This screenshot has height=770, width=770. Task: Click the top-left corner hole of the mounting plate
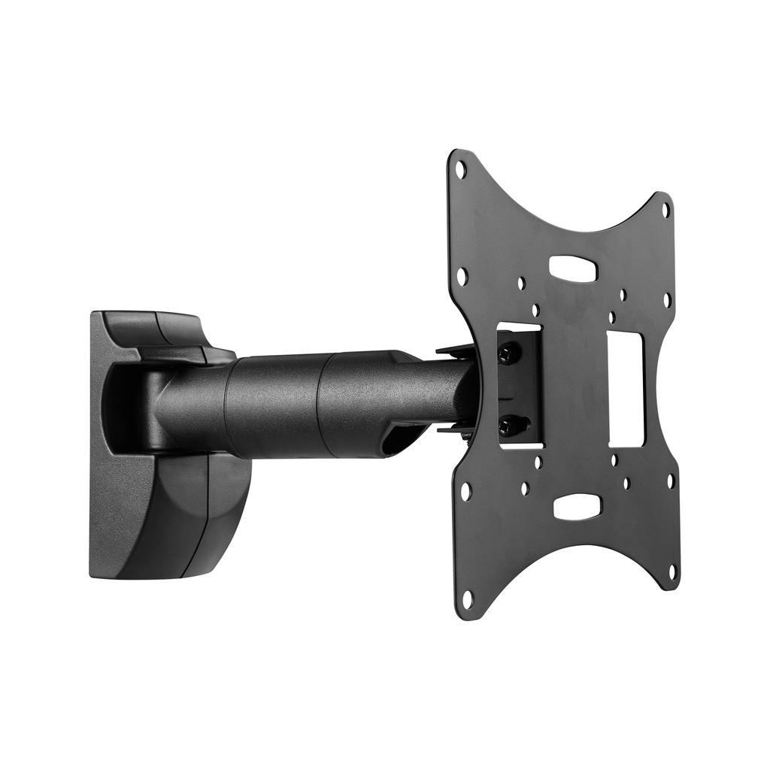tap(461, 170)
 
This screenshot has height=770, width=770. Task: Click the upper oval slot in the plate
tap(575, 267)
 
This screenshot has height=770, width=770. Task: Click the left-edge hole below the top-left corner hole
tap(462, 277)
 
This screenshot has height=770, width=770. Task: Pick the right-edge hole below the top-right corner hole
tap(666, 300)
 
